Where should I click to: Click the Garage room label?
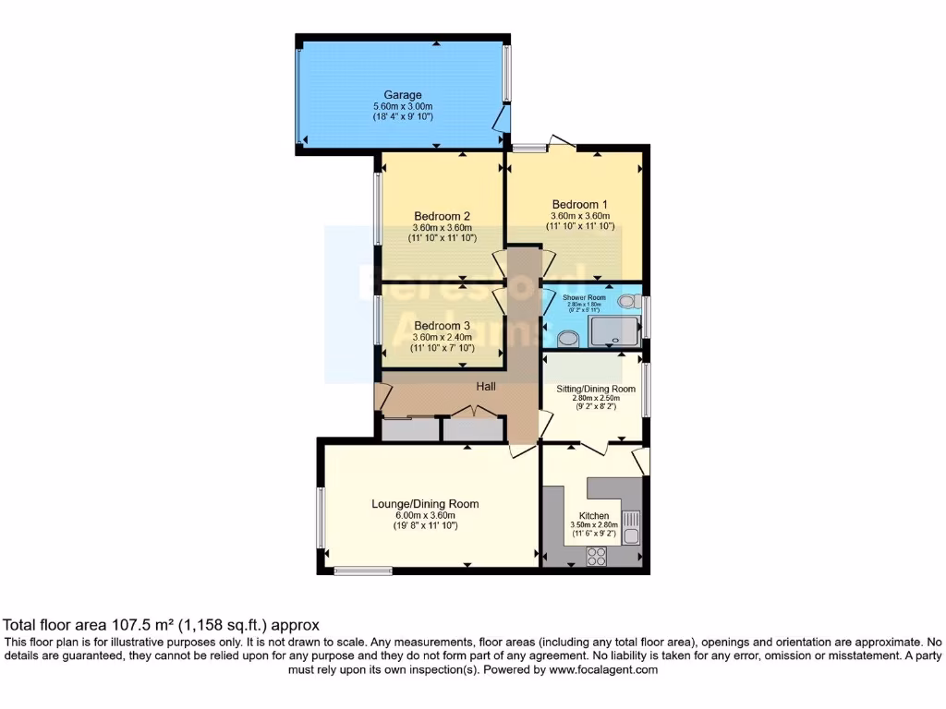click(403, 95)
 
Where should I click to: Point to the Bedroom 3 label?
click(442, 326)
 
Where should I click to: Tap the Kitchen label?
click(593, 515)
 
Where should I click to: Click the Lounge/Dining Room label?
click(425, 504)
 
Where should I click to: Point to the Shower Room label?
click(584, 297)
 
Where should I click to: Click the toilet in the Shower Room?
click(628, 301)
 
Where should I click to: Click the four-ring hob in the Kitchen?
click(597, 557)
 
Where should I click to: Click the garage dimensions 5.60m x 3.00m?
click(403, 106)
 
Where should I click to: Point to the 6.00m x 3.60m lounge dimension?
click(425, 515)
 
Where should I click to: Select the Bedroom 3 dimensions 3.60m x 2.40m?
click(442, 337)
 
